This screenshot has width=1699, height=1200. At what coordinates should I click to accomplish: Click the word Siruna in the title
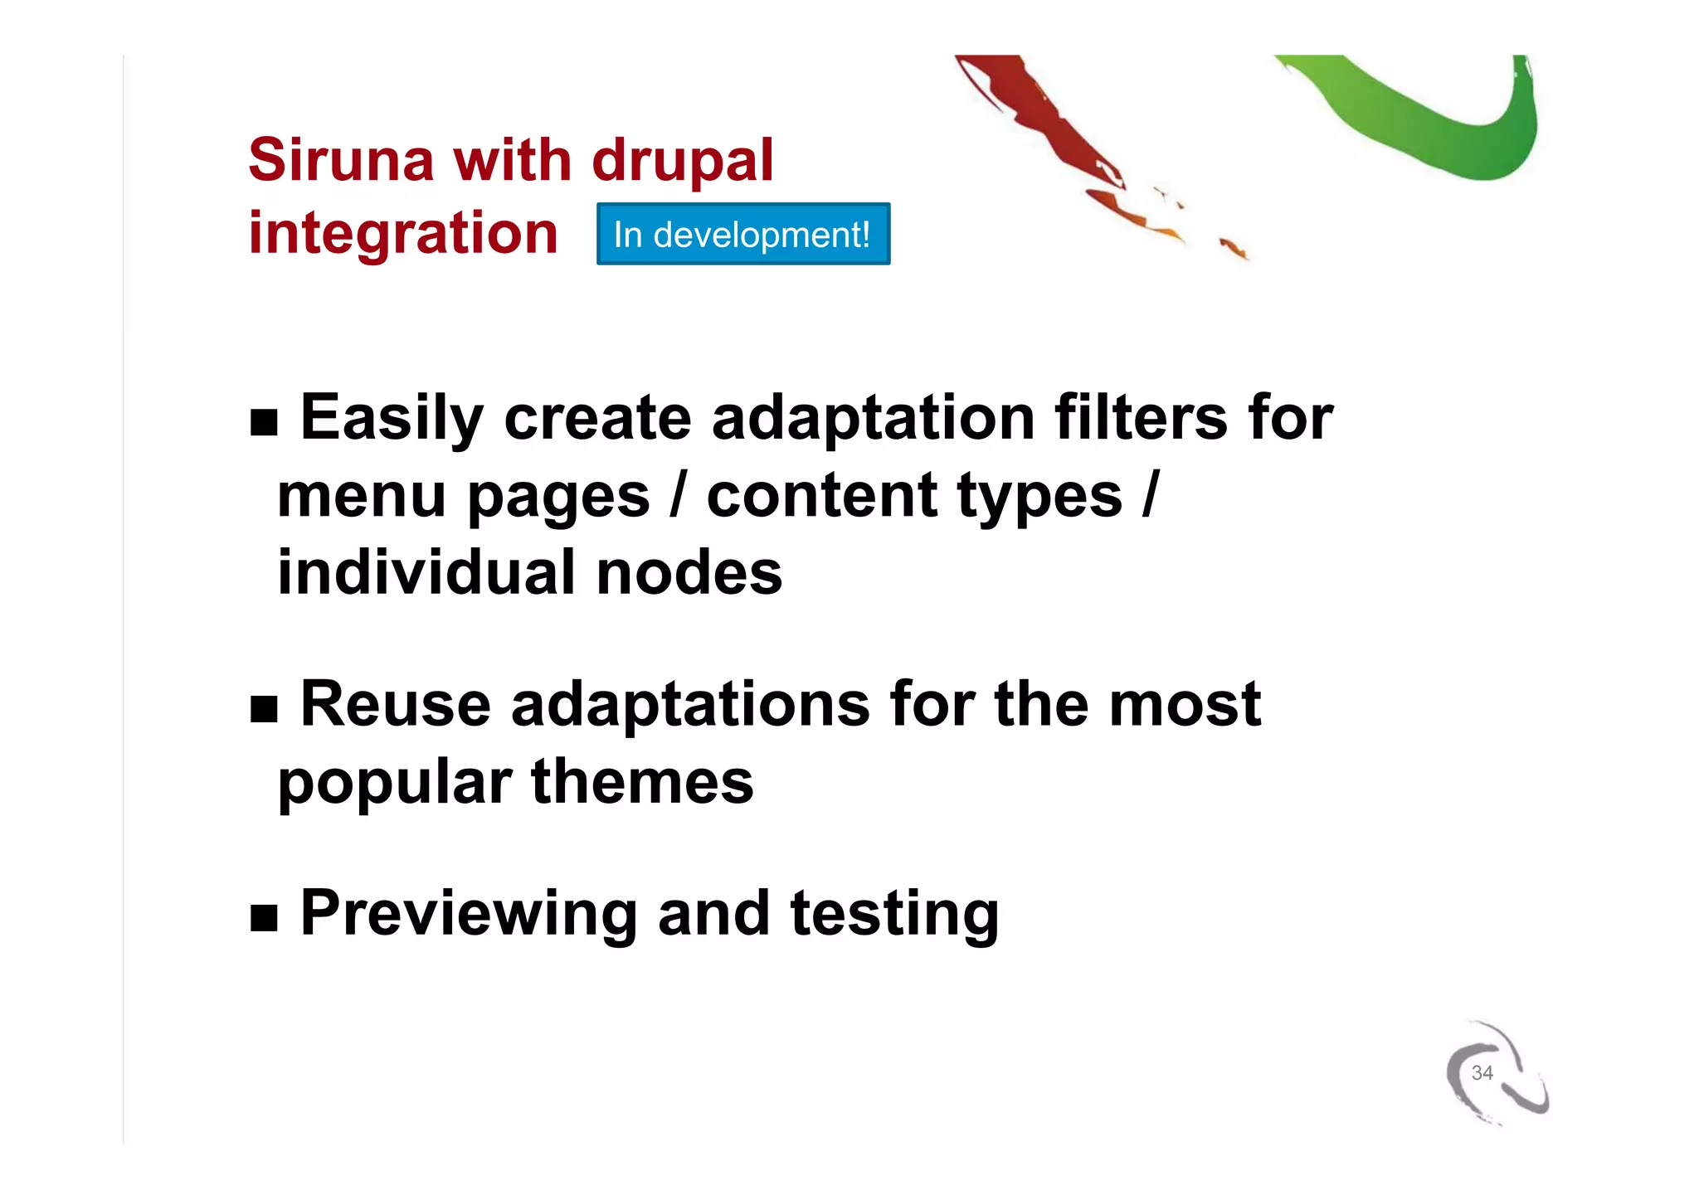pos(341,159)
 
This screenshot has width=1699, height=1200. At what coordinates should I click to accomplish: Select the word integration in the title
pos(403,233)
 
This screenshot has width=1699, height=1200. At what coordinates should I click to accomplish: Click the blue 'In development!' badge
pos(742,235)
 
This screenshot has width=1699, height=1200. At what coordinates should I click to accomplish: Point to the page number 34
pos(1482,1072)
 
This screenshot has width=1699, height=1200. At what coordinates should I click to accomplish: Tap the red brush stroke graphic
pos(1045,124)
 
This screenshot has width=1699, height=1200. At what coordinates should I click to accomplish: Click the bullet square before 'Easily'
pos(264,423)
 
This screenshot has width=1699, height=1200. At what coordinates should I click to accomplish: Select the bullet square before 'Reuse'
pos(264,710)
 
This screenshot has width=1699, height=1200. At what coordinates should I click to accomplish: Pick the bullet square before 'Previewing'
pos(264,918)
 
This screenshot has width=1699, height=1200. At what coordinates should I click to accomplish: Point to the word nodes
pos(689,573)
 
